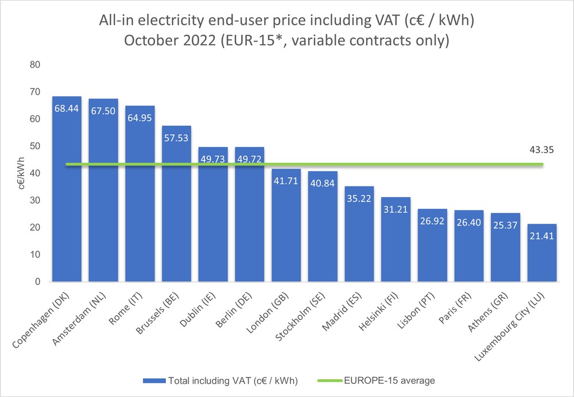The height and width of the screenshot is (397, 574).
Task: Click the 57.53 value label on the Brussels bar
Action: coord(176,137)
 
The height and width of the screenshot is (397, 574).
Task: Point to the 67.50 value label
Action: coord(103,111)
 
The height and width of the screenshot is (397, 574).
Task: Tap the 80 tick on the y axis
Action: coord(35,65)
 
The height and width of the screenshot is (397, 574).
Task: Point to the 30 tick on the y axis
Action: coord(35,200)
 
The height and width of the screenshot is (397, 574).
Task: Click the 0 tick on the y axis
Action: coord(37,282)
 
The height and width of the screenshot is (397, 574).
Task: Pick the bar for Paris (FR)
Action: coord(469,247)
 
